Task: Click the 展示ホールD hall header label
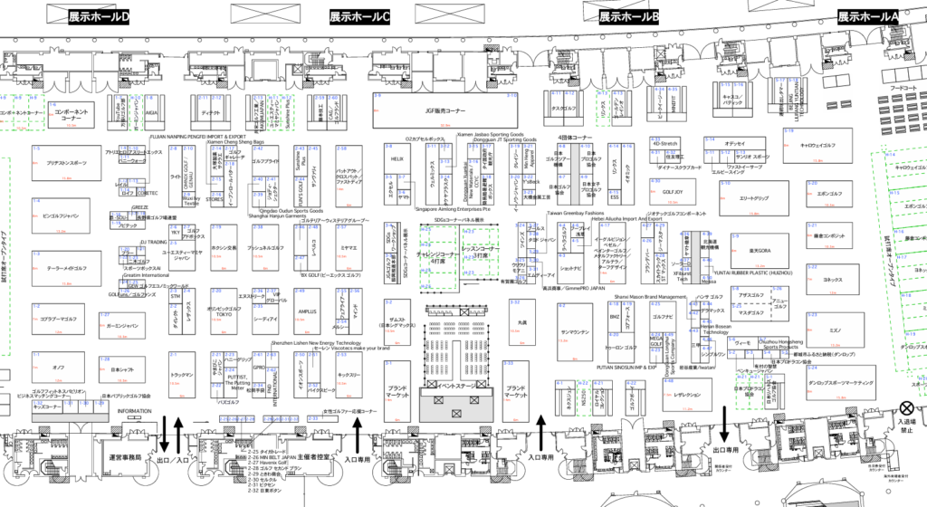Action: click(99, 17)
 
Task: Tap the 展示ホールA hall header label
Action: click(867, 17)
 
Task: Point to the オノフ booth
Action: click(58, 367)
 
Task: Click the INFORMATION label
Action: click(134, 410)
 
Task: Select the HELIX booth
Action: click(396, 158)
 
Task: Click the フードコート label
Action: click(899, 87)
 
